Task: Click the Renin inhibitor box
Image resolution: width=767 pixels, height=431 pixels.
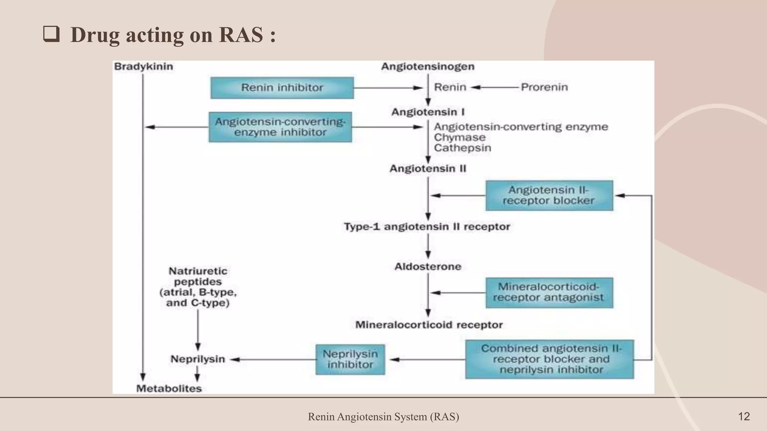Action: pos(282,88)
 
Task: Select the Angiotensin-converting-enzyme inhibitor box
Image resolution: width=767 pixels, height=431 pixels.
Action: pos(280,127)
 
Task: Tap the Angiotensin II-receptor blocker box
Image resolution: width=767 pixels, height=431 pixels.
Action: pos(549,196)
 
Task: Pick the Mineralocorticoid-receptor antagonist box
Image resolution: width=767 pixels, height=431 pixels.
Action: pos(549,293)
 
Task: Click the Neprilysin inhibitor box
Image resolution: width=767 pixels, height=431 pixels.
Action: pos(350,360)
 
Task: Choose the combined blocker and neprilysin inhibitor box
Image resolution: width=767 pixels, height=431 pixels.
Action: pos(549,359)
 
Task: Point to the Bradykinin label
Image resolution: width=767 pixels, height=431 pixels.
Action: pos(143,67)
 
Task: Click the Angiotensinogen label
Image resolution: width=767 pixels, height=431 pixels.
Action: pos(428,67)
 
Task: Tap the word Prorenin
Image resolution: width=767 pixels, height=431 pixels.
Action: pos(544,87)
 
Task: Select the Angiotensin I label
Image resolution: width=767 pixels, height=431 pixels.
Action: pos(428,112)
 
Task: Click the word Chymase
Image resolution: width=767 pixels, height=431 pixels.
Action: pos(460,137)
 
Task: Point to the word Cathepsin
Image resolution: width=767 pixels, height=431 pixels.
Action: pos(463,148)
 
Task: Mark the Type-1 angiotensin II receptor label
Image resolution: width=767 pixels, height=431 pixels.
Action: pos(427,227)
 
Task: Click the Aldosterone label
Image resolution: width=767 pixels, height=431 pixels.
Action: pos(428,267)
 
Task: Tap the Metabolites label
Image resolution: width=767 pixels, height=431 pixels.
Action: pos(169,389)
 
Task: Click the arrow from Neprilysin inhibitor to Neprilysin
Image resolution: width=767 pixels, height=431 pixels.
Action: pos(273,360)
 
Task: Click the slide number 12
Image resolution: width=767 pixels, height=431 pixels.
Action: pos(744,416)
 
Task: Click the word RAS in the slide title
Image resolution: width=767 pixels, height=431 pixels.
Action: pos(241,35)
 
